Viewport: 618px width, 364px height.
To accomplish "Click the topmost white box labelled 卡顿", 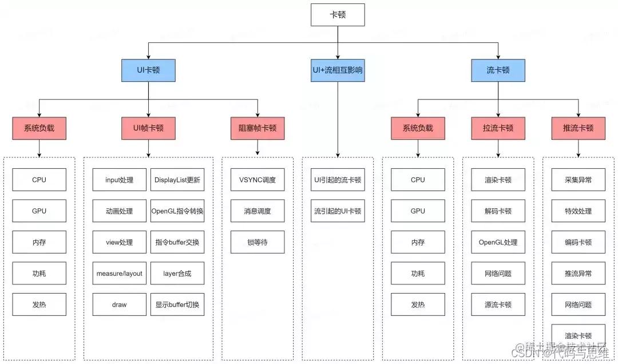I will click(338, 15).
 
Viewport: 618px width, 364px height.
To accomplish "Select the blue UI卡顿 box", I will click(148, 71).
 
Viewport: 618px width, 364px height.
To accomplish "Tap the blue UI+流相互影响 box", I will click(338, 71).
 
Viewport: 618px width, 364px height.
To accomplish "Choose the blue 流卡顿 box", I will click(498, 71).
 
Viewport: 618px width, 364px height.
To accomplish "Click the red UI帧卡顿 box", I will click(148, 128).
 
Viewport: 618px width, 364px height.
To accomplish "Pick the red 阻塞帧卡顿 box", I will click(257, 128).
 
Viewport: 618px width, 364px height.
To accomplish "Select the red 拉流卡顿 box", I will click(498, 128).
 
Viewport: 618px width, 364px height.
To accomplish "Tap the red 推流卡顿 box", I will click(579, 128).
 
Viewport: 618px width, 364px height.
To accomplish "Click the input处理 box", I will click(119, 180).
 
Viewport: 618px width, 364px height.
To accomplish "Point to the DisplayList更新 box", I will click(177, 180).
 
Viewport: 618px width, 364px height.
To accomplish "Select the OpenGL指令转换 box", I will click(177, 211).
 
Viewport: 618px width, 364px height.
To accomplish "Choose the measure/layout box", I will click(119, 274).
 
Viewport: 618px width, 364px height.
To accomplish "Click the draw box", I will click(119, 304).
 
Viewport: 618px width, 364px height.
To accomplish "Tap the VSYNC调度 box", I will click(257, 180).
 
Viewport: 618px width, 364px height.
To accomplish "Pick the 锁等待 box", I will click(257, 242).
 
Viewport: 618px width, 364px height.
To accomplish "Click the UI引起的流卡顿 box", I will click(338, 180).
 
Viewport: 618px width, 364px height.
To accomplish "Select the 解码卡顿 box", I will click(498, 211).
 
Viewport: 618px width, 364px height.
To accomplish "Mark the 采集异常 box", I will click(579, 180).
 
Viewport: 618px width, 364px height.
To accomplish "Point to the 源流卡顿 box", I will click(498, 304).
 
